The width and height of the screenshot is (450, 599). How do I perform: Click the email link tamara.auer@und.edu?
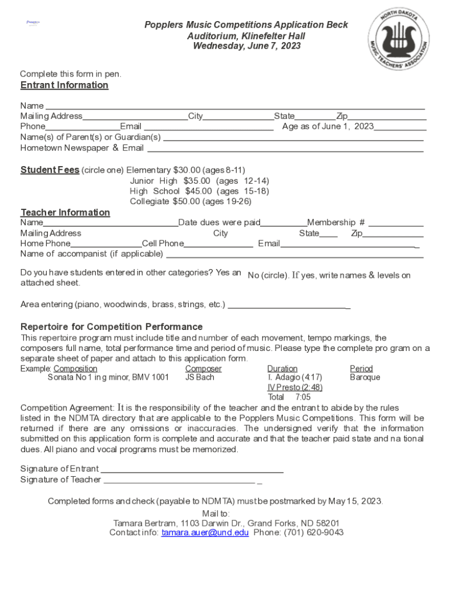pos(205,533)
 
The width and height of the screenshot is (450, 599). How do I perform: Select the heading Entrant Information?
pos(64,85)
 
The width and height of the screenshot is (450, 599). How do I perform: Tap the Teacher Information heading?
pos(65,212)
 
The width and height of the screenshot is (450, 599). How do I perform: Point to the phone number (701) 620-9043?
pos(314,533)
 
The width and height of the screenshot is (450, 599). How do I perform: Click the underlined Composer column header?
pos(203,369)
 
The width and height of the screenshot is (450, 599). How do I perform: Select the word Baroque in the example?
pos(365,377)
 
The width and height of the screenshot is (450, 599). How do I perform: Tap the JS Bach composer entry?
pos(199,377)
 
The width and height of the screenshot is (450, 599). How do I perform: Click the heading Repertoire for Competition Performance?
pos(112,326)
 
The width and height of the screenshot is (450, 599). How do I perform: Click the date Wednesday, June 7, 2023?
pos(247,46)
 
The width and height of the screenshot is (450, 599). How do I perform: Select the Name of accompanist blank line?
pos(295,256)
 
